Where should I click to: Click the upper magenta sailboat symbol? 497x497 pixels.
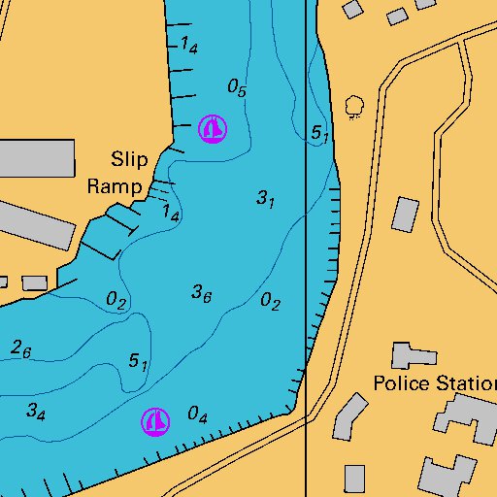pos(213,128)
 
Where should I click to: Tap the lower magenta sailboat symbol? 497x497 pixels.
pos(155,421)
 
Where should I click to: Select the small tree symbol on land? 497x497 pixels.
pos(354,105)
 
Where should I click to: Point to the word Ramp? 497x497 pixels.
pos(116,186)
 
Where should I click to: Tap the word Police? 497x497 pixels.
pos(400,383)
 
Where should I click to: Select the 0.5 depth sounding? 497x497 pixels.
pos(237,87)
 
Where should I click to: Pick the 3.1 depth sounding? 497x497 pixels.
pos(266,199)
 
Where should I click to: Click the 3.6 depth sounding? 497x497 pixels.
pos(202,292)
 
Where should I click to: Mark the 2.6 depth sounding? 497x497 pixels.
pos(21,348)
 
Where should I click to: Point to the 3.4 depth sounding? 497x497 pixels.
pos(36,412)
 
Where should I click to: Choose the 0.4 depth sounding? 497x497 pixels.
pos(197,415)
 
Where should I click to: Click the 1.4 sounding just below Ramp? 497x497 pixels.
pos(170,213)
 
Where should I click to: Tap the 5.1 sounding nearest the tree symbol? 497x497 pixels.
pos(320,133)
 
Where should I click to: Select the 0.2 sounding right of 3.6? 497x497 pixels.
pos(270,303)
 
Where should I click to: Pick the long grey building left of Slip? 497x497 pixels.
pos(34,157)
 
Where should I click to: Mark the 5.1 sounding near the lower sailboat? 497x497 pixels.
pos(138,362)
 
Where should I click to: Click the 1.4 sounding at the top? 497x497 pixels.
pos(188,45)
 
